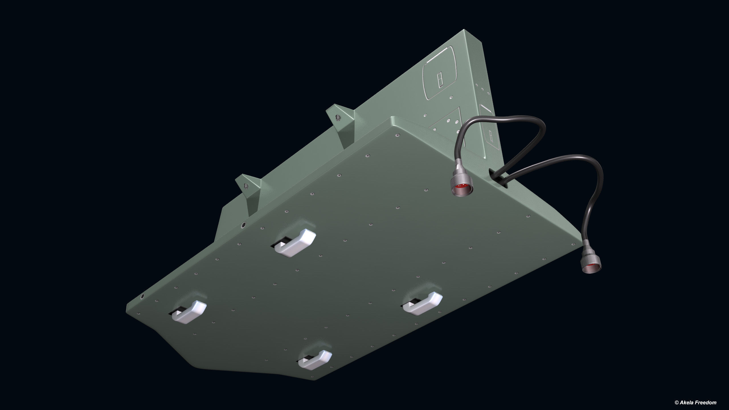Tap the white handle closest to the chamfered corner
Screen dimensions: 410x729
[x=189, y=312]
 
